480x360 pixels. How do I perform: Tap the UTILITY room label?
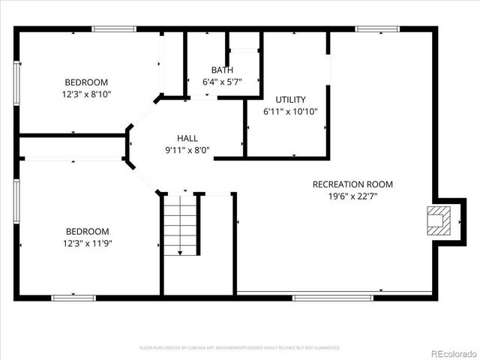click(290, 100)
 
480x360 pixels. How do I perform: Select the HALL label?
click(187, 138)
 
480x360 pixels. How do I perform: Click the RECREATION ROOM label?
click(352, 184)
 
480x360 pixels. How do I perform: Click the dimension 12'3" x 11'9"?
click(87, 243)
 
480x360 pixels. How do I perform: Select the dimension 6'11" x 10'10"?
click(290, 111)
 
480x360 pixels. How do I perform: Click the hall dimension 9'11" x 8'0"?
click(187, 149)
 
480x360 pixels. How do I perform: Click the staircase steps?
click(180, 223)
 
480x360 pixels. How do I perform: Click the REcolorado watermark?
click(451, 352)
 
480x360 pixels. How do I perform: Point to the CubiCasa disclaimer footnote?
click(240, 348)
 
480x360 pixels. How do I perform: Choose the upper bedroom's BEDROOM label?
click(86, 82)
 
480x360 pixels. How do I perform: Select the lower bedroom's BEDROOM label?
click(87, 232)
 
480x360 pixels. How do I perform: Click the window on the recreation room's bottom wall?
click(332, 298)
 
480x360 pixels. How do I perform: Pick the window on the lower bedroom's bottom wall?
click(73, 298)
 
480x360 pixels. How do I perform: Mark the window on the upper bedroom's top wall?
click(114, 29)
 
